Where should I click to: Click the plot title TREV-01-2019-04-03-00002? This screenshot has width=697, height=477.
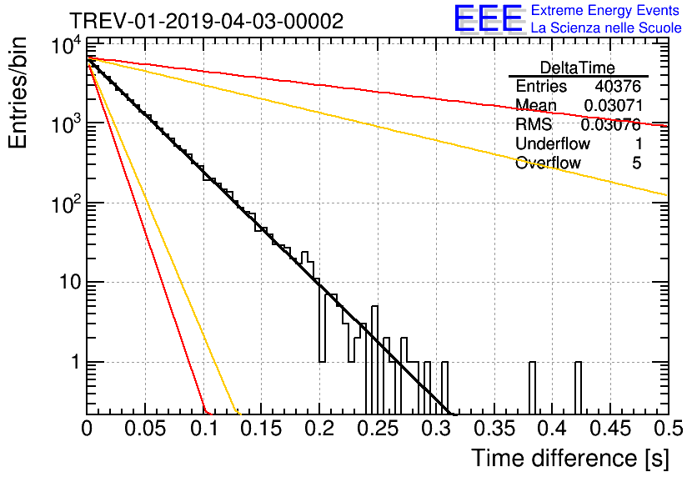[206, 22]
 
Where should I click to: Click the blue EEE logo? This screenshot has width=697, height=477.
[488, 18]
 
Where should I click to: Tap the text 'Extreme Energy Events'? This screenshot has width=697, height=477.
[605, 10]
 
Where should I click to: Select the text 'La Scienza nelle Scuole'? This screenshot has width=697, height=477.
[606, 28]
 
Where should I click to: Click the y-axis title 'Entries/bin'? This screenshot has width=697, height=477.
[18, 93]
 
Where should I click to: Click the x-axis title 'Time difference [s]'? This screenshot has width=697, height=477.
[570, 458]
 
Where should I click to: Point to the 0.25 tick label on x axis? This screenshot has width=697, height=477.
[378, 429]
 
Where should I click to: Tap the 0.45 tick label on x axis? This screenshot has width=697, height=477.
[611, 429]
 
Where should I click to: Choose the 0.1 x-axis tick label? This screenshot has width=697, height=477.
[204, 429]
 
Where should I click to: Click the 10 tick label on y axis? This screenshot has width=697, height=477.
[71, 283]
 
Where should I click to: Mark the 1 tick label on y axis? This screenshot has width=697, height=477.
[76, 362]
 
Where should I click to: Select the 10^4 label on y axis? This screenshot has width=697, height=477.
[67, 46]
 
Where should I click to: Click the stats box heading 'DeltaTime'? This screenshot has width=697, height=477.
[578, 68]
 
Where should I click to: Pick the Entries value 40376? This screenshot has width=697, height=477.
[619, 86]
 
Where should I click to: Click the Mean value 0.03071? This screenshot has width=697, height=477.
[614, 105]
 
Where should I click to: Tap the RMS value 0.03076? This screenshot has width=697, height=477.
[611, 124]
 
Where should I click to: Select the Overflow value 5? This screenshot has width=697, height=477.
[636, 163]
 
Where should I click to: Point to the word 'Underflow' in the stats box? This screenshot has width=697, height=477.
[553, 143]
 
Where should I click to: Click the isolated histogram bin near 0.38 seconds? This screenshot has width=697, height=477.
[532, 388]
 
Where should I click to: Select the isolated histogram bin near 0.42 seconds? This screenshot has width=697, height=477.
[579, 388]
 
